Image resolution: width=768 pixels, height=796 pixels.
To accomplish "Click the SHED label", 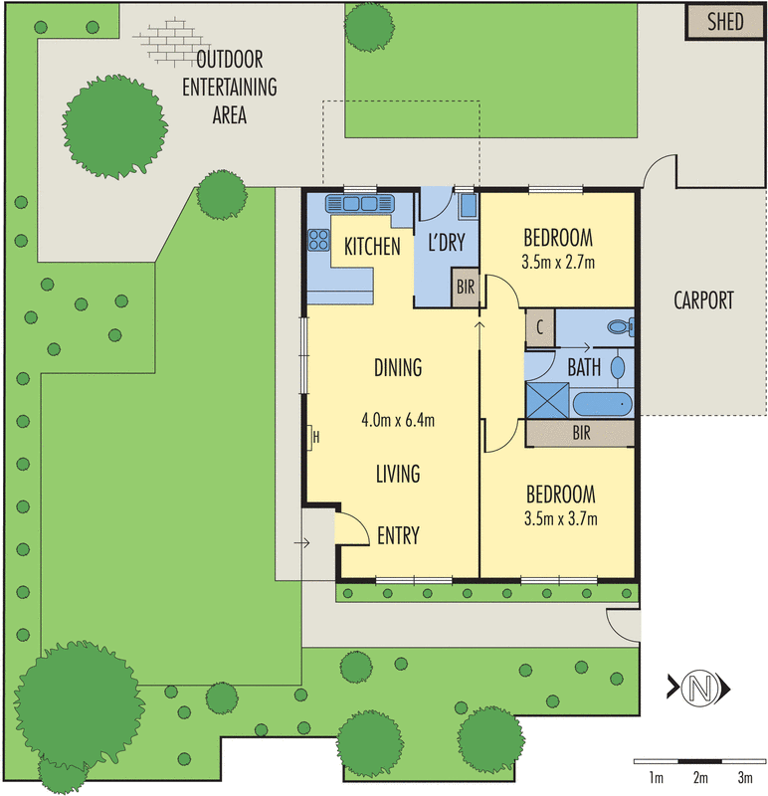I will (724, 21).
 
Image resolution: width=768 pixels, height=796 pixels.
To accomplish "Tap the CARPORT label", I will (703, 299).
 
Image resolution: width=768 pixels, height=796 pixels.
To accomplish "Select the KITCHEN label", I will (372, 247).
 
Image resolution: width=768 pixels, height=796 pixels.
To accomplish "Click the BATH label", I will (584, 366).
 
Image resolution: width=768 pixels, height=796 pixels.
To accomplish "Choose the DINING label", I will (398, 367).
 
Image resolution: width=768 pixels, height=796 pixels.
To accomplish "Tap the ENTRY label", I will (398, 535).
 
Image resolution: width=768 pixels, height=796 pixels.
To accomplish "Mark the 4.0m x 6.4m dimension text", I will (398, 419).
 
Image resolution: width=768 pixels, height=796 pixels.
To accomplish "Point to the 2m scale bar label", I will (700, 776).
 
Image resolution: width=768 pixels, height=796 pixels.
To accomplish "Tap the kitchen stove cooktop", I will (319, 239).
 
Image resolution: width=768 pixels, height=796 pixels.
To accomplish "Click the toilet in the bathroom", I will (619, 325).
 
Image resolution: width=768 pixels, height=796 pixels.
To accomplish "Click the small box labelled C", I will (539, 327).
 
